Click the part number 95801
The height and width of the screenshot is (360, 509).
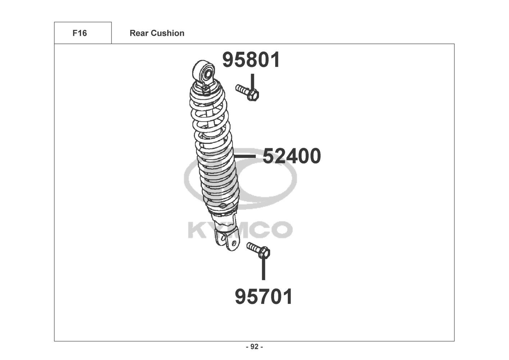click(x=251, y=60)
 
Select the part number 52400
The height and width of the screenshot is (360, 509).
click(x=292, y=156)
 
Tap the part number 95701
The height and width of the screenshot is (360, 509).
click(x=264, y=297)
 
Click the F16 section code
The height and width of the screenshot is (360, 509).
click(x=79, y=33)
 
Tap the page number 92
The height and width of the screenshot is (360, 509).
click(x=255, y=347)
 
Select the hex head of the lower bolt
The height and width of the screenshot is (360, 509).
click(x=264, y=253)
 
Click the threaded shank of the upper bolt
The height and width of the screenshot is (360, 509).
click(x=242, y=90)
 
